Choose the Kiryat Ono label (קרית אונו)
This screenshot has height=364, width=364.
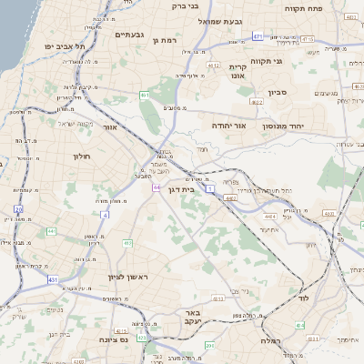(238, 73)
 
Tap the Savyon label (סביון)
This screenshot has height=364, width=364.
(278, 92)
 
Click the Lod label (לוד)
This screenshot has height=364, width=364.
(303, 298)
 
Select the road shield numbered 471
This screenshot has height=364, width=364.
(258, 36)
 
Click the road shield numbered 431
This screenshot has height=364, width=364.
(52, 278)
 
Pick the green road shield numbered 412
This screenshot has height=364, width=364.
(127, 244)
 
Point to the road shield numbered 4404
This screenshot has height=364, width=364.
(269, 216)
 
